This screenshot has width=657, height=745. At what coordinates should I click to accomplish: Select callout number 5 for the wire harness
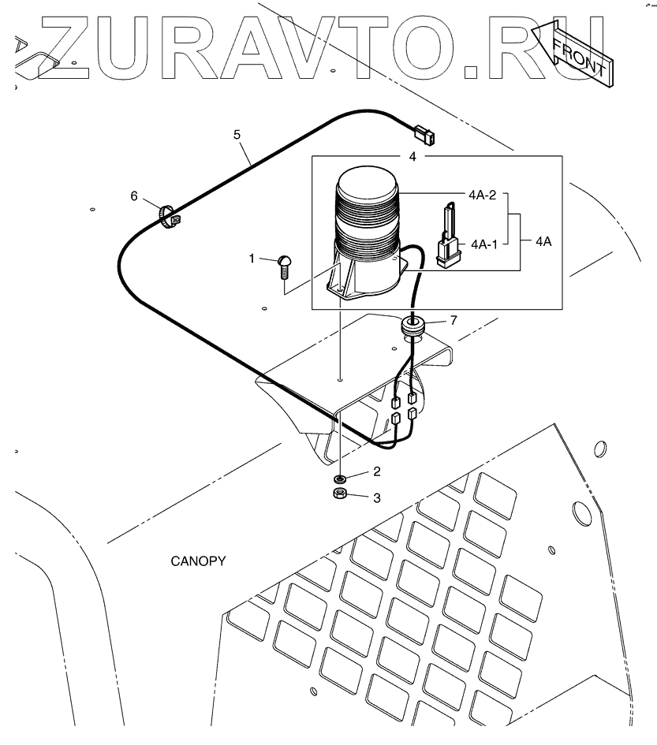point(237,134)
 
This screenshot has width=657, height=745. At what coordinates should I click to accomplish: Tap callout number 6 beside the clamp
point(134,196)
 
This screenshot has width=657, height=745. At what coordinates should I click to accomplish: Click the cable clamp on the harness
point(167,218)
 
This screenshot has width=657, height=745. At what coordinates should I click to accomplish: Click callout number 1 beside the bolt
point(252,258)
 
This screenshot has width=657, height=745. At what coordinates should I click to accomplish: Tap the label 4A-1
point(484,244)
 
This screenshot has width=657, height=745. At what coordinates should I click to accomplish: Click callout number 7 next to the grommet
point(453,319)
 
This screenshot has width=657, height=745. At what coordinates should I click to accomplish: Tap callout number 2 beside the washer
point(377,471)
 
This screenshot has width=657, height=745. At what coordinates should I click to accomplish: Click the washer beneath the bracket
point(341,478)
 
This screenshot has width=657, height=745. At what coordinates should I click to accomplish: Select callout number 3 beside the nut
point(377,497)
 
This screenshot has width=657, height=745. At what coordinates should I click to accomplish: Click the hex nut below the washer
point(341,494)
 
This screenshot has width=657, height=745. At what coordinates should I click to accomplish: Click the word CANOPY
point(199,561)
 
